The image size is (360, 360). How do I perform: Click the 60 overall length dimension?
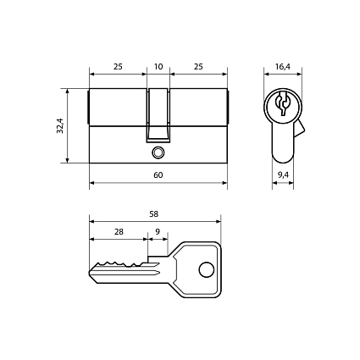(158, 175)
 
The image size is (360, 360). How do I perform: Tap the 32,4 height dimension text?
(60, 125)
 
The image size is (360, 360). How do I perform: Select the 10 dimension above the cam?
(158, 67)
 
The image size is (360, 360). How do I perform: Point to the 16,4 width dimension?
(283, 67)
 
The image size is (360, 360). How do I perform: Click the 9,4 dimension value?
(283, 175)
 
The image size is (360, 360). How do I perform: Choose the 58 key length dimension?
(154, 214)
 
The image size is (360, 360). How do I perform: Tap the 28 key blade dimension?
(119, 231)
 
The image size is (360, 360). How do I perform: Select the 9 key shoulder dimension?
(158, 231)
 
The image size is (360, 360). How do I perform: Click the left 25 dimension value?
(118, 67)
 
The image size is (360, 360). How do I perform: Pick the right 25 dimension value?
(198, 67)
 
